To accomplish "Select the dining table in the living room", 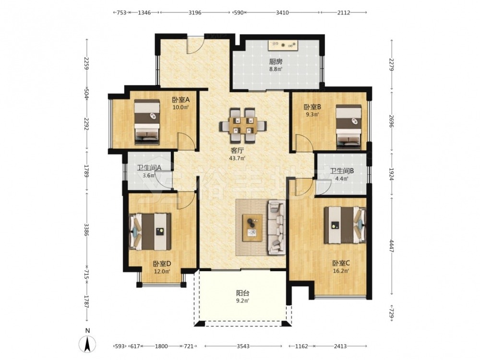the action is point(243,125).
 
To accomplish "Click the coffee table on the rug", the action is point(252,228).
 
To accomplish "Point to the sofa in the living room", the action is point(277,228).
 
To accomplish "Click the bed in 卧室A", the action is point(147,122).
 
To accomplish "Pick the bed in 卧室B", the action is point(348,127).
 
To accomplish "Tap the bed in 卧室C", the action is point(345,225).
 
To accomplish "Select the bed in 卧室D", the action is point(150,231).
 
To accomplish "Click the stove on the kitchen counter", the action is point(283,45).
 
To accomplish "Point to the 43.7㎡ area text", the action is point(237,158).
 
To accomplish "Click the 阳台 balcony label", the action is point(243,293).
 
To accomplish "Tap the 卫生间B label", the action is point(342,171).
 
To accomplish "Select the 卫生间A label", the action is point(149,168).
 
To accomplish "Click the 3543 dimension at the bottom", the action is point(243,346).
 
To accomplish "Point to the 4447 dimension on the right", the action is point(392,246).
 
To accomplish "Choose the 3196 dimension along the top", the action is point(195,12).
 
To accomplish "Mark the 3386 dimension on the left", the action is point(87,229).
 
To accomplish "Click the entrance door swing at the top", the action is point(195,45).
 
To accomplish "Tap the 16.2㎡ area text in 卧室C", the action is point(341,271).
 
